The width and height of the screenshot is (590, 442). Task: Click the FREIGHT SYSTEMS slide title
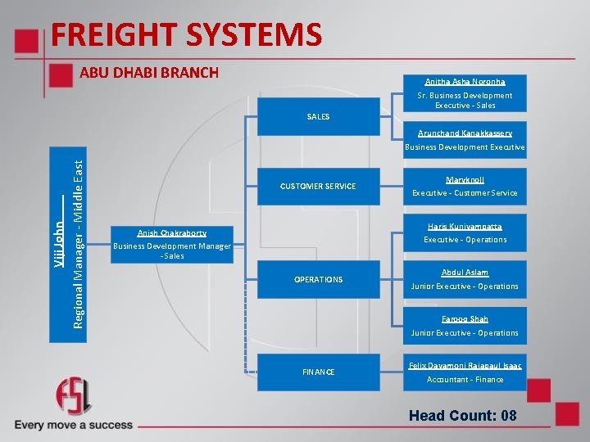[186, 35]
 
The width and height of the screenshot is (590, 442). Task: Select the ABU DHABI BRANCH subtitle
[149, 73]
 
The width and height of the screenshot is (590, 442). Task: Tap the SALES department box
[318, 117]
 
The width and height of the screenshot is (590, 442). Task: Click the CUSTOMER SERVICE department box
[318, 187]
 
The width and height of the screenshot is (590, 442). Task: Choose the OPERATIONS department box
[318, 280]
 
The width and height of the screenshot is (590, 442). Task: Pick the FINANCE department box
[318, 372]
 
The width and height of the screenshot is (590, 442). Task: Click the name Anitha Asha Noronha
[465, 82]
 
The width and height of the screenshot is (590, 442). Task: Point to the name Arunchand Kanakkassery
[465, 133]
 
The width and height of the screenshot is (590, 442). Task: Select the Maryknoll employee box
[465, 187]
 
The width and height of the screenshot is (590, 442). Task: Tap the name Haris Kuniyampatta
[465, 227]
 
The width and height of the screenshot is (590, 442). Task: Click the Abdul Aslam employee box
[465, 279]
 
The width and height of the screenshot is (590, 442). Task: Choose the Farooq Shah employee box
[465, 326]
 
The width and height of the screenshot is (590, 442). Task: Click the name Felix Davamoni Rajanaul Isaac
[465, 365]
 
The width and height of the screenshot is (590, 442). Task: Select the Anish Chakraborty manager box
[172, 244]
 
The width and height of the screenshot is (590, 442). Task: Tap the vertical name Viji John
[60, 233]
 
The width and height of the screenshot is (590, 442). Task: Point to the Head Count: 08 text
[463, 416]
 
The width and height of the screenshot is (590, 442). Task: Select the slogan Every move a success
[74, 425]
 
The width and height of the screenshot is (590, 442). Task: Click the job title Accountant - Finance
[465, 380]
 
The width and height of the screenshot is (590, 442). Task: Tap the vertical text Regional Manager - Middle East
[78, 234]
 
